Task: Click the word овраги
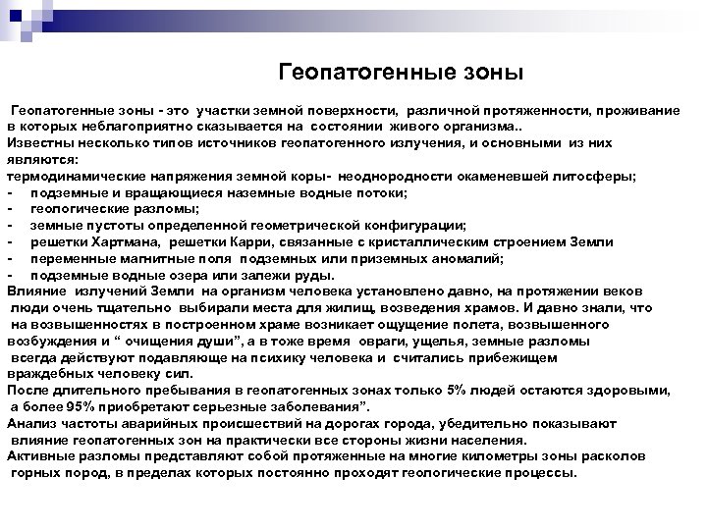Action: tap(385, 340)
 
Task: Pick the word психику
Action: tap(256, 356)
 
